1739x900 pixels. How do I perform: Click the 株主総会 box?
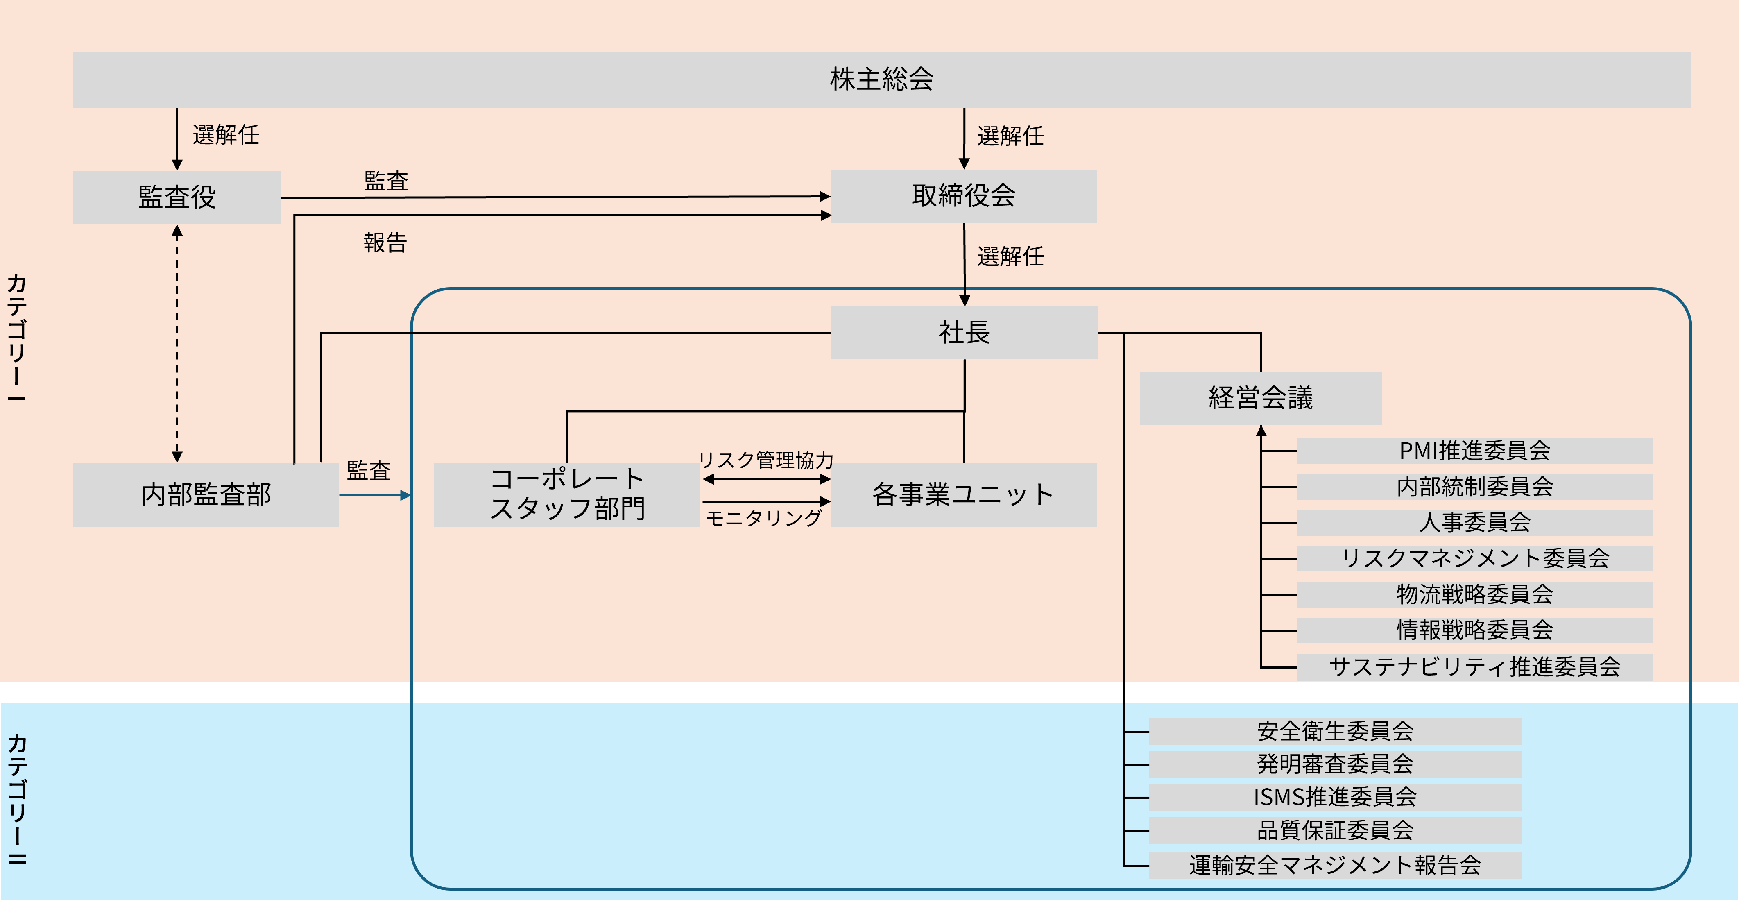click(881, 79)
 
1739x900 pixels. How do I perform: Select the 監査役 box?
click(177, 197)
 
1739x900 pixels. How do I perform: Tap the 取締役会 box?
click(963, 196)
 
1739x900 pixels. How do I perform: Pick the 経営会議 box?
click(1260, 398)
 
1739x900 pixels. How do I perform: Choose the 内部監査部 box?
click(206, 494)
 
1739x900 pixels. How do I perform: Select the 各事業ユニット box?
click(963, 494)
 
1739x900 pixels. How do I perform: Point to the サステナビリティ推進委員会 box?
click(1474, 666)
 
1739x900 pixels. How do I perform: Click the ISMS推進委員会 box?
click(1335, 797)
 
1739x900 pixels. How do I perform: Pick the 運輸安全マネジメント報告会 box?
click(1335, 865)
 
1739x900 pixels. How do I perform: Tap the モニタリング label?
click(763, 518)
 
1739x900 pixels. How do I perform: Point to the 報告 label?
click(385, 243)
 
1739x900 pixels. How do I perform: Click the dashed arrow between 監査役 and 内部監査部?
click(177, 345)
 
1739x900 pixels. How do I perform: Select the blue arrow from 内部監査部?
click(375, 495)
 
